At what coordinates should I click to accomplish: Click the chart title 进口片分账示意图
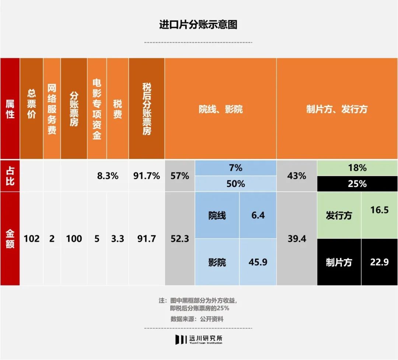[x=198, y=24]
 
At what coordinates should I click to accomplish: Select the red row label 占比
[x=10, y=176]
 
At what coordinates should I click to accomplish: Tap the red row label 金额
[x=10, y=239]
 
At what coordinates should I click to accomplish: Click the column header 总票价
[x=32, y=108]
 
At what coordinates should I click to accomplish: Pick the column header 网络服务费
[x=52, y=108]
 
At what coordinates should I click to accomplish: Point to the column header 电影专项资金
[x=97, y=108]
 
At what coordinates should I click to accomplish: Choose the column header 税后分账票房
[x=147, y=108]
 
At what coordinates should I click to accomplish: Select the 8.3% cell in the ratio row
[x=108, y=176]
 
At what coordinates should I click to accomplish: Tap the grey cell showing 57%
[x=180, y=176]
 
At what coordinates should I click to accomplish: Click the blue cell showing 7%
[x=235, y=168]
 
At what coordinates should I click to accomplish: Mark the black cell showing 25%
[x=357, y=184]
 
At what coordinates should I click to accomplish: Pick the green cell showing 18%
[x=357, y=168]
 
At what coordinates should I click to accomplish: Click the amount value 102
[x=32, y=239]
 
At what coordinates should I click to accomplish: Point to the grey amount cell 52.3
[x=180, y=239]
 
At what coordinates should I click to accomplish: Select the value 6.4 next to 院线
[x=258, y=215]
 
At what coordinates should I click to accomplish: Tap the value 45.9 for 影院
[x=258, y=262]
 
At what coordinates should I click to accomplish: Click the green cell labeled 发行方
[x=339, y=215]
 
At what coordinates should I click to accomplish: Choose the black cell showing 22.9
[x=379, y=262]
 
